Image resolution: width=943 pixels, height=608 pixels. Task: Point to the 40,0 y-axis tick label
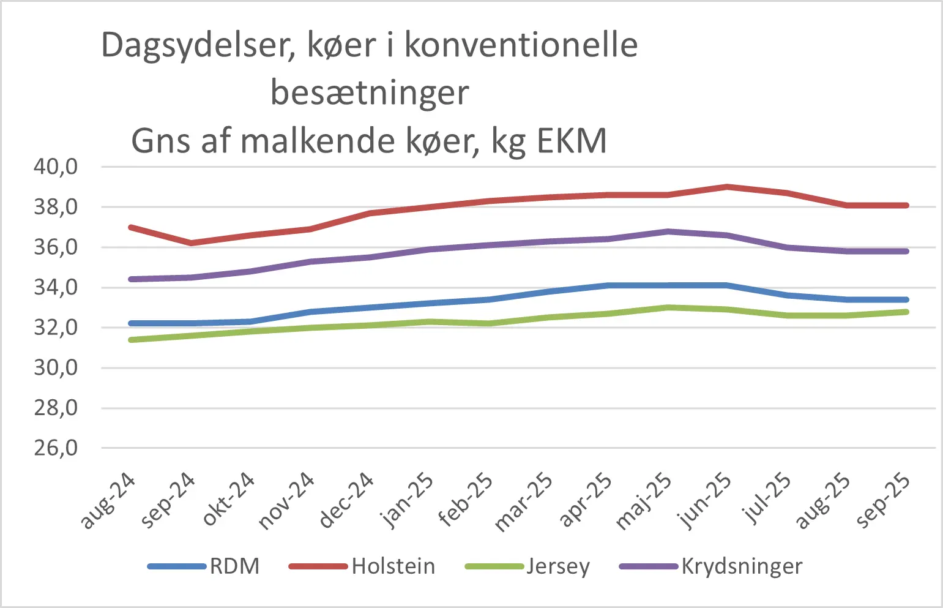click(56, 167)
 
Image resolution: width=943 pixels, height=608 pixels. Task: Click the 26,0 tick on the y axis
click(56, 448)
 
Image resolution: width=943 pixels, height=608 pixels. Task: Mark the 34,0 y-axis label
click(56, 287)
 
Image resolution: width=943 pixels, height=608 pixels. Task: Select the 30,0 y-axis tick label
click(56, 368)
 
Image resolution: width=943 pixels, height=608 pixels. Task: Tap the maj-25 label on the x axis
click(644, 501)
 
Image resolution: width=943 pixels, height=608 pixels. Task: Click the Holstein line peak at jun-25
click(726, 186)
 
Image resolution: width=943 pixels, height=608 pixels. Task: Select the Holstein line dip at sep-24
click(192, 243)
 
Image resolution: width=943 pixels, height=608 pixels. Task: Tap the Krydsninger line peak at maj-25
click(667, 231)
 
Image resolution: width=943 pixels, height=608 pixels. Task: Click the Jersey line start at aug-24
click(132, 340)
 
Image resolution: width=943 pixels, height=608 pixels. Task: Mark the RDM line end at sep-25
click(906, 299)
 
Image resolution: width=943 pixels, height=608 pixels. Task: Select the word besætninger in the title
click(370, 93)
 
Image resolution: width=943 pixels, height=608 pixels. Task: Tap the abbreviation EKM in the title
click(572, 141)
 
